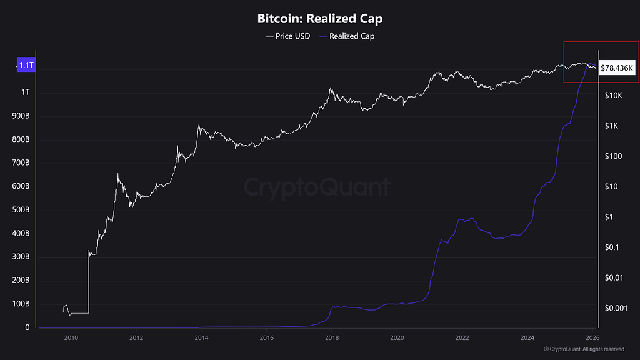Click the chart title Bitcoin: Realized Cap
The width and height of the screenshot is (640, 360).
319,18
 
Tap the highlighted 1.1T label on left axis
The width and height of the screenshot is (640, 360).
26,65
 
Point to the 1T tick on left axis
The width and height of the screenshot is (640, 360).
25,92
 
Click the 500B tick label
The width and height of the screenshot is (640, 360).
21,210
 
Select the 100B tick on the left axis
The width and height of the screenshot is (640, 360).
21,304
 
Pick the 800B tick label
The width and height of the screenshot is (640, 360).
21,139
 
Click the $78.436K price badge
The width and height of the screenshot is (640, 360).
617,67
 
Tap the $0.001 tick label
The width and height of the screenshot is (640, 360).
616,308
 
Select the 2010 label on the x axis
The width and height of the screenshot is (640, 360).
71,337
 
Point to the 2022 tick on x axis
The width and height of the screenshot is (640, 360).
462,337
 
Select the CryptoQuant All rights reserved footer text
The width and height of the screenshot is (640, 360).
584,349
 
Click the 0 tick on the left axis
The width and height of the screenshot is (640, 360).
27,327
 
